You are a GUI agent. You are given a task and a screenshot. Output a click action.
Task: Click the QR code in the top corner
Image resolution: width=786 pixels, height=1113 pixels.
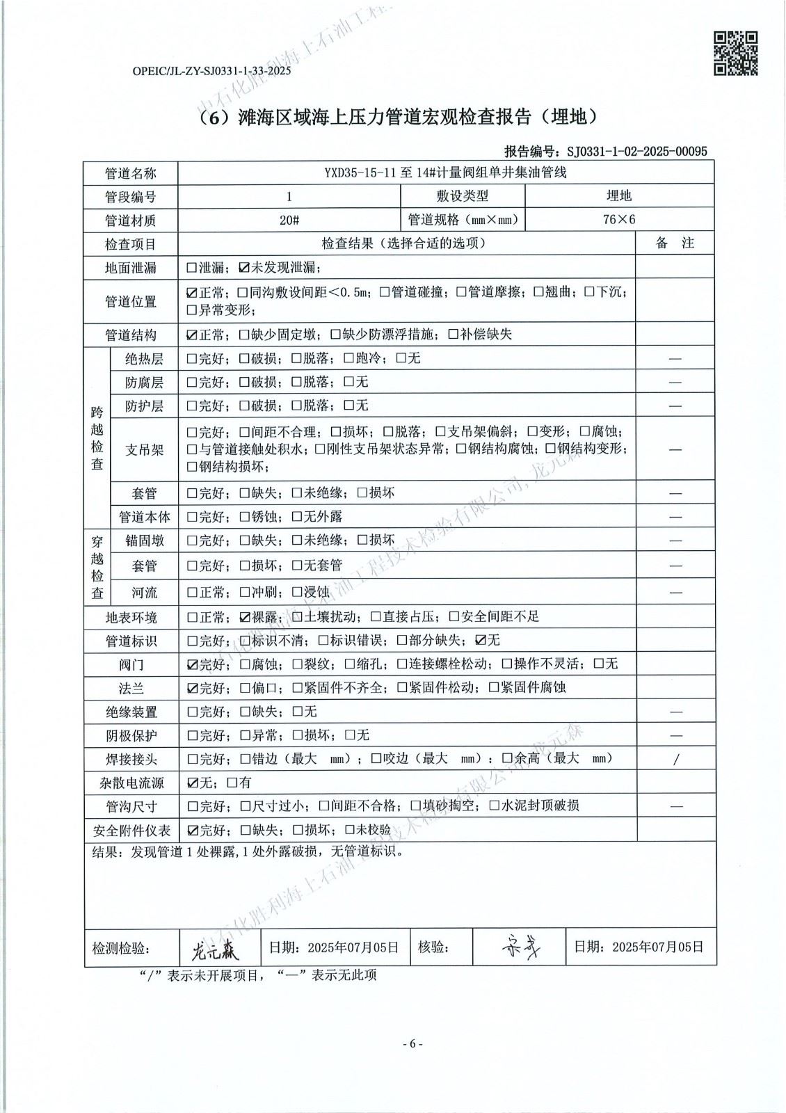(x=736, y=53)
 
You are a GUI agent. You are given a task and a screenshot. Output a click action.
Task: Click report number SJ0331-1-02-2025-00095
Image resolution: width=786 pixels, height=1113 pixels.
(x=636, y=151)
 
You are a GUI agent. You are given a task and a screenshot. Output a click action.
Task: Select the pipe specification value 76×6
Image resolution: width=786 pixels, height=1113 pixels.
(x=619, y=219)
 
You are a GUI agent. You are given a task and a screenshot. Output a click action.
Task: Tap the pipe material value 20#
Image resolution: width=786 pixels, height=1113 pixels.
(x=289, y=220)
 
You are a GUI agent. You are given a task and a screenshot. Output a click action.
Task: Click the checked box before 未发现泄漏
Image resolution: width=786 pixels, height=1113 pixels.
(x=243, y=267)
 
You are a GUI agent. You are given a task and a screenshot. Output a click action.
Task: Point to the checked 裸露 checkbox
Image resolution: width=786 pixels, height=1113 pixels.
(x=243, y=616)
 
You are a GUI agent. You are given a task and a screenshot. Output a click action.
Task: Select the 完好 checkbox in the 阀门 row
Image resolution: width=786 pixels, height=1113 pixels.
(x=192, y=664)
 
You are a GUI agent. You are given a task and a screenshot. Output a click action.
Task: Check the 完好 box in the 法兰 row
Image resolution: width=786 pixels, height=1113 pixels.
(x=192, y=688)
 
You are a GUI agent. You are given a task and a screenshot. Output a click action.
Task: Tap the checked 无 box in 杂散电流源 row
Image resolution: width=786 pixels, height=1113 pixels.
(x=192, y=783)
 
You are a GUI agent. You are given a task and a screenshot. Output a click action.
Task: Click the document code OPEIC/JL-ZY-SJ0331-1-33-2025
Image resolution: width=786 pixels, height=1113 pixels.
(x=211, y=71)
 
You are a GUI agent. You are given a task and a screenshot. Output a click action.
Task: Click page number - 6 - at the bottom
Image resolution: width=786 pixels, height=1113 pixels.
(x=412, y=1043)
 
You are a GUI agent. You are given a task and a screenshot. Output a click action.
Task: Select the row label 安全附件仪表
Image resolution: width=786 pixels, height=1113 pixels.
(x=131, y=831)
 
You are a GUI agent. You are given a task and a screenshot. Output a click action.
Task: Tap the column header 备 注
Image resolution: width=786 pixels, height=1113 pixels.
(x=674, y=243)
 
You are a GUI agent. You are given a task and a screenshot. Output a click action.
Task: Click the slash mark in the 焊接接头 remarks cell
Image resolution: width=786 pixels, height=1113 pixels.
(x=675, y=759)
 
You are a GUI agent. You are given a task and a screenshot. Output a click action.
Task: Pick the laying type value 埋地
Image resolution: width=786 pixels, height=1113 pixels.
(x=618, y=196)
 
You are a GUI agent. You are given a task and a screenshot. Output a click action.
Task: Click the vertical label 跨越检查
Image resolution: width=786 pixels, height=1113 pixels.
(x=97, y=438)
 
